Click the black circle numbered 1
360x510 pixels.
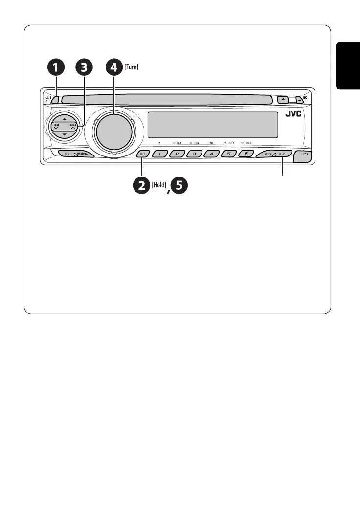[57, 68]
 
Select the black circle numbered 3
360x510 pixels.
[86, 68]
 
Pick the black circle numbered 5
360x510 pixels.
[179, 186]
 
